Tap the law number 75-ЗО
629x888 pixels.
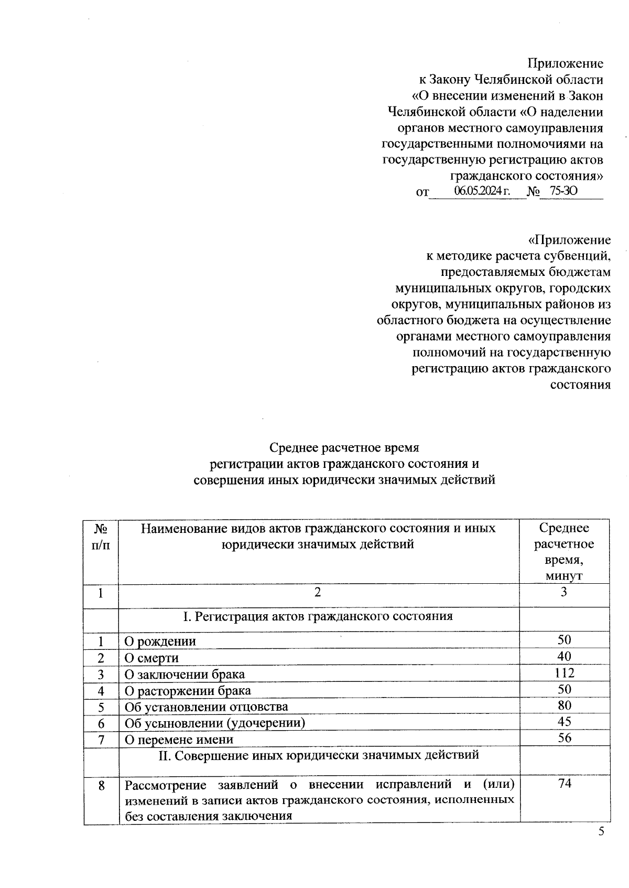click(x=563, y=191)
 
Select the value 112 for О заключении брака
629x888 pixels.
click(x=565, y=672)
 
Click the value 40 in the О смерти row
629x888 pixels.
click(x=565, y=656)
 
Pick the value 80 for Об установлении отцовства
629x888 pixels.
click(x=565, y=705)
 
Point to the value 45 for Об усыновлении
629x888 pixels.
click(x=565, y=721)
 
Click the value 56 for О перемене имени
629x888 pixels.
click(x=565, y=737)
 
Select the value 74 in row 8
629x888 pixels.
click(x=565, y=783)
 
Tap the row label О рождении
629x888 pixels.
click(x=160, y=641)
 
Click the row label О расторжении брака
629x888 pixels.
click(x=187, y=690)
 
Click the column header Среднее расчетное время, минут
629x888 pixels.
click(x=564, y=552)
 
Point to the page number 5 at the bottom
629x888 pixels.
click(x=601, y=831)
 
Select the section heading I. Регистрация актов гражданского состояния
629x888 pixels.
click(x=318, y=616)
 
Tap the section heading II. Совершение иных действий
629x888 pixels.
click(x=319, y=755)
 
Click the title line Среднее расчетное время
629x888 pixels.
click(x=344, y=447)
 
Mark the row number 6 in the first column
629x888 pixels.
click(x=101, y=723)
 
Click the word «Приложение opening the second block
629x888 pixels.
click(x=569, y=240)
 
